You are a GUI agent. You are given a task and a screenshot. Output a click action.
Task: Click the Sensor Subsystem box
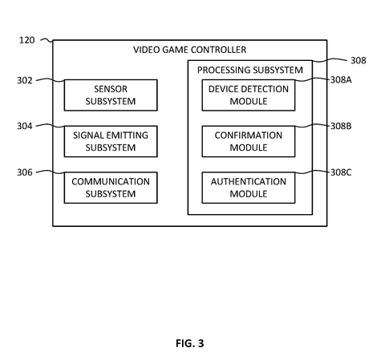[x=111, y=95]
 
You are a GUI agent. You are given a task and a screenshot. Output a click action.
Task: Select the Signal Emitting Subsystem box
[x=111, y=141]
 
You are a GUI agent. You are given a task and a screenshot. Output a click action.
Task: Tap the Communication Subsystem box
[x=111, y=188]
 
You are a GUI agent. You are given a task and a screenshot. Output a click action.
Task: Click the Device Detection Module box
[x=249, y=95]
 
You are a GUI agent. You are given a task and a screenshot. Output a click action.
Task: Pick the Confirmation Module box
[x=249, y=141]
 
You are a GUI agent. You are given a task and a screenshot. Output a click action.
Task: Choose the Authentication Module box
[x=249, y=188]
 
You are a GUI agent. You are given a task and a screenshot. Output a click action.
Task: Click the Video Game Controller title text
[x=190, y=50]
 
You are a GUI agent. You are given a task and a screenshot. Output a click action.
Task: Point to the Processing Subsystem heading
[x=250, y=70]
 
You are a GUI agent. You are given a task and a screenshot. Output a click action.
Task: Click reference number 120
[x=26, y=40]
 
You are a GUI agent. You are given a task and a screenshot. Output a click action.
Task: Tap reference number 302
[x=25, y=80]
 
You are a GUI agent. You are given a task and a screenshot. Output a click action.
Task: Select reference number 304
[x=25, y=126]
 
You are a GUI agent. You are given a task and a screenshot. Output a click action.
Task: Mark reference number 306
[x=25, y=172]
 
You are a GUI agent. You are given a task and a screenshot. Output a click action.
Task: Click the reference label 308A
[x=341, y=80]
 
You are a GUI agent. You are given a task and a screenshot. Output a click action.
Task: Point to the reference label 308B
[x=341, y=126]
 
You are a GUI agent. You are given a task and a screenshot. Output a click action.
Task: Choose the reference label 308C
[x=341, y=172]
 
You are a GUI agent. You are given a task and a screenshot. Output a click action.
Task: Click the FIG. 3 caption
[x=190, y=343]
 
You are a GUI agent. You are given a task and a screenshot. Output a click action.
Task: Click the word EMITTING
[x=128, y=136]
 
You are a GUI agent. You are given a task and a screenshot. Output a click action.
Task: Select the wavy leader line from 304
[x=51, y=125]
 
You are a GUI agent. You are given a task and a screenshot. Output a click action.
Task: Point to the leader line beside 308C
[x=312, y=172]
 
